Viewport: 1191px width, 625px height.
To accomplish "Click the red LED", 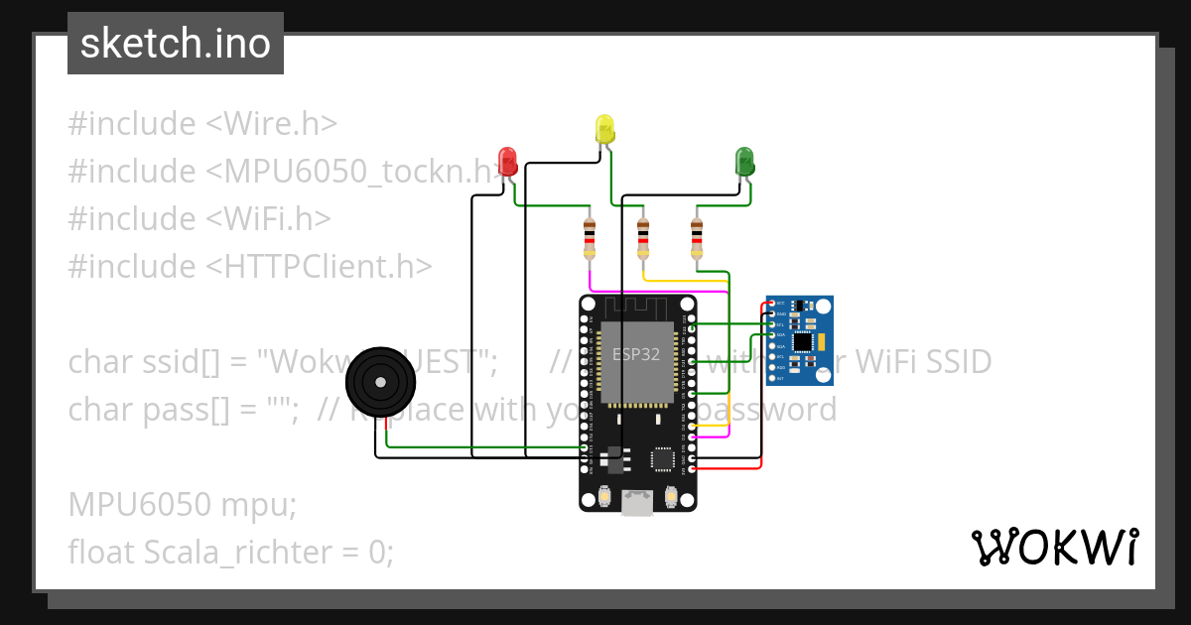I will tap(507, 162).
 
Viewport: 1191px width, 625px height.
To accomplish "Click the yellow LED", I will tap(604, 129).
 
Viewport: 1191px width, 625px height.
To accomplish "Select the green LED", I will tap(743, 161).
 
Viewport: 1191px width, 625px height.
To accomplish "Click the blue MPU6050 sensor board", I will tap(800, 340).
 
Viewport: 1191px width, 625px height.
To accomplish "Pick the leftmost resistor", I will tap(590, 239).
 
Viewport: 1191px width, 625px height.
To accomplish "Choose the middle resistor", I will tap(643, 239).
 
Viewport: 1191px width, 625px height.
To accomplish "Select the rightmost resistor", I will tap(697, 239).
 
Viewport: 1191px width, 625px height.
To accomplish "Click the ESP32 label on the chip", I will tap(636, 354).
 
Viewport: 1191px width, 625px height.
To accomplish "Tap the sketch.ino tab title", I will tap(176, 44).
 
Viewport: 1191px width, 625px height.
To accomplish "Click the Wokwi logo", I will tap(1054, 547).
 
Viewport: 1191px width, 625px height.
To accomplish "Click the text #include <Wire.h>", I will tap(202, 124).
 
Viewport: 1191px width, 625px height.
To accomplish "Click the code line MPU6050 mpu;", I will tap(183, 504).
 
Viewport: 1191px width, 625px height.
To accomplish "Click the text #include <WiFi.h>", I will tap(198, 219).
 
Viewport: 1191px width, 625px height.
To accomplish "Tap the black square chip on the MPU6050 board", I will tap(803, 341).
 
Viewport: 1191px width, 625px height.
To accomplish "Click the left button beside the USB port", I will tap(601, 495).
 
